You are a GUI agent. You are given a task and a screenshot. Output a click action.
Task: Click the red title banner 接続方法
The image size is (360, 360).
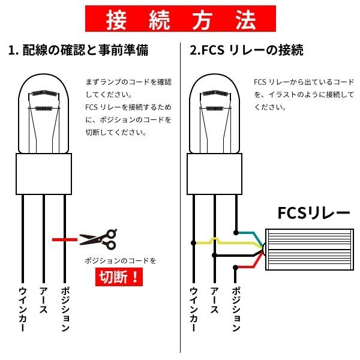point(181,19)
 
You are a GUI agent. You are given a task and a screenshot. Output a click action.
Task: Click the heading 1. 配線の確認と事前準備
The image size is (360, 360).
point(78,50)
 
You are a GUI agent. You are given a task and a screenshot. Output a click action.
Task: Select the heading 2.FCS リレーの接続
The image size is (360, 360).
point(247,50)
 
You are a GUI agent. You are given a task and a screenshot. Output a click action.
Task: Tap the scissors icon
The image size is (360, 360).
point(98,239)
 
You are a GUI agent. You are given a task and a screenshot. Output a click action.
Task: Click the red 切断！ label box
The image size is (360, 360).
point(119,277)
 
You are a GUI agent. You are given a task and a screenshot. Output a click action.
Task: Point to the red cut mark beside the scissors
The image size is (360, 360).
point(65,239)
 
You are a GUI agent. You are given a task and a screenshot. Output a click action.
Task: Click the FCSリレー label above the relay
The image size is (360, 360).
point(314,212)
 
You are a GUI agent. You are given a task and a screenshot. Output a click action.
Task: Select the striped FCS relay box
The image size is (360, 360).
point(310,250)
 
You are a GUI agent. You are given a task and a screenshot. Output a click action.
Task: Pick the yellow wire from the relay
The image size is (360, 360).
point(230,242)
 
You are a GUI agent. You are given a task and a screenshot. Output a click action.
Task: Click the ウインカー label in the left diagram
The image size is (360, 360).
point(23,309)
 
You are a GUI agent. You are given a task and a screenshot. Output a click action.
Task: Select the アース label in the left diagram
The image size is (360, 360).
point(43,300)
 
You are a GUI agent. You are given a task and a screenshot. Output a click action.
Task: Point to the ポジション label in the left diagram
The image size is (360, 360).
point(65,309)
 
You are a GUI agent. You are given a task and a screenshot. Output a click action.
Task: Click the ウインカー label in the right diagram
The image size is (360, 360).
point(194,309)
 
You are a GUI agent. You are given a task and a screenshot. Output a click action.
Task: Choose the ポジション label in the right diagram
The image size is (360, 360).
point(236,309)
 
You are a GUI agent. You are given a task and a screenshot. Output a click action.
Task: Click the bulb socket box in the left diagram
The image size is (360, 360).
point(44,174)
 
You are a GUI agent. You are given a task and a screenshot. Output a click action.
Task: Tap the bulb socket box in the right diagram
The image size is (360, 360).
point(215,174)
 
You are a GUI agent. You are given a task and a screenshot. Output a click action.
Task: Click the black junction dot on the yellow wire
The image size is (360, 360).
point(193,242)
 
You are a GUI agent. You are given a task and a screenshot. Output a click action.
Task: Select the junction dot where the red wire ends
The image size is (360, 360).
point(235,268)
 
